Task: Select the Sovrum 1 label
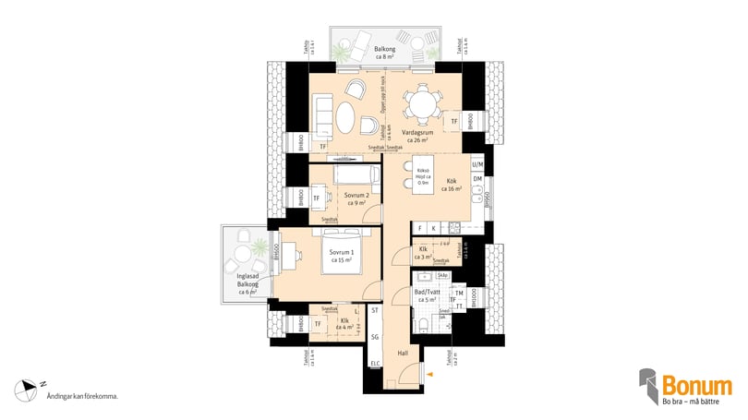point(342,255)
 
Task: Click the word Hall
point(403,353)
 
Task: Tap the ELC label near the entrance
point(375,365)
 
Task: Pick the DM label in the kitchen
point(477,179)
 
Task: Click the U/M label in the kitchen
point(477,164)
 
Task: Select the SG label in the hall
point(375,338)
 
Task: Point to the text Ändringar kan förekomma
point(82,396)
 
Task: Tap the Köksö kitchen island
point(423,176)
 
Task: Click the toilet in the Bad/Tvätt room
point(421,322)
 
